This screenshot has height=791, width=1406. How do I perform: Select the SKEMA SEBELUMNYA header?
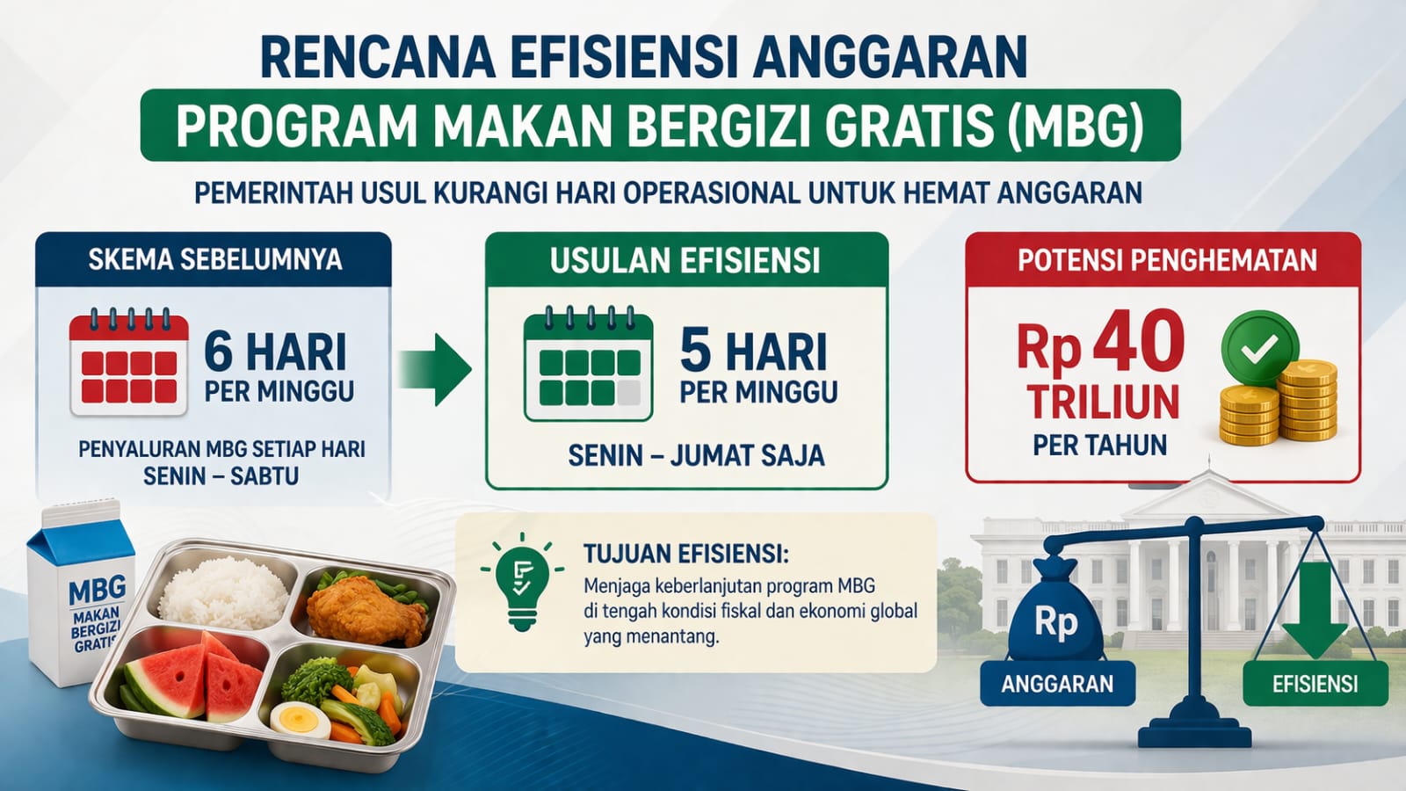pos(215,259)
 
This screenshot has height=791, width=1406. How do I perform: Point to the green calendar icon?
pos(588,364)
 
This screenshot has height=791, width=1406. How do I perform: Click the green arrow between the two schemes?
pos(435,370)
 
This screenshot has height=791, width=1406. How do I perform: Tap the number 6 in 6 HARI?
pos(219,353)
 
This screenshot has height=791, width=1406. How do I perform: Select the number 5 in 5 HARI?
pos(695,352)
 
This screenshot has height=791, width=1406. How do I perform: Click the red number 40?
pos(1138,342)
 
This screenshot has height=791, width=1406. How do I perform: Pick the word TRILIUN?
pos(1104,402)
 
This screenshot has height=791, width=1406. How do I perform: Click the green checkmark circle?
pos(1260,348)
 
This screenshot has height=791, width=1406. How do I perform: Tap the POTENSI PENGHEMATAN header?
pos(1167,260)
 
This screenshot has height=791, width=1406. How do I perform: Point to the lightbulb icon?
pos(522,581)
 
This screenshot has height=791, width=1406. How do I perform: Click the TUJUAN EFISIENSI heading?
pos(686,554)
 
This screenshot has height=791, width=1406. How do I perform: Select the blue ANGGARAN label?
pos(1057,683)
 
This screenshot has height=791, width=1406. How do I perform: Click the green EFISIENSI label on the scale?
pos(1315,683)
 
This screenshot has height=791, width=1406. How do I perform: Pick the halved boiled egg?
pos(301,720)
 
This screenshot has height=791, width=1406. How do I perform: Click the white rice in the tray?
pos(224,592)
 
